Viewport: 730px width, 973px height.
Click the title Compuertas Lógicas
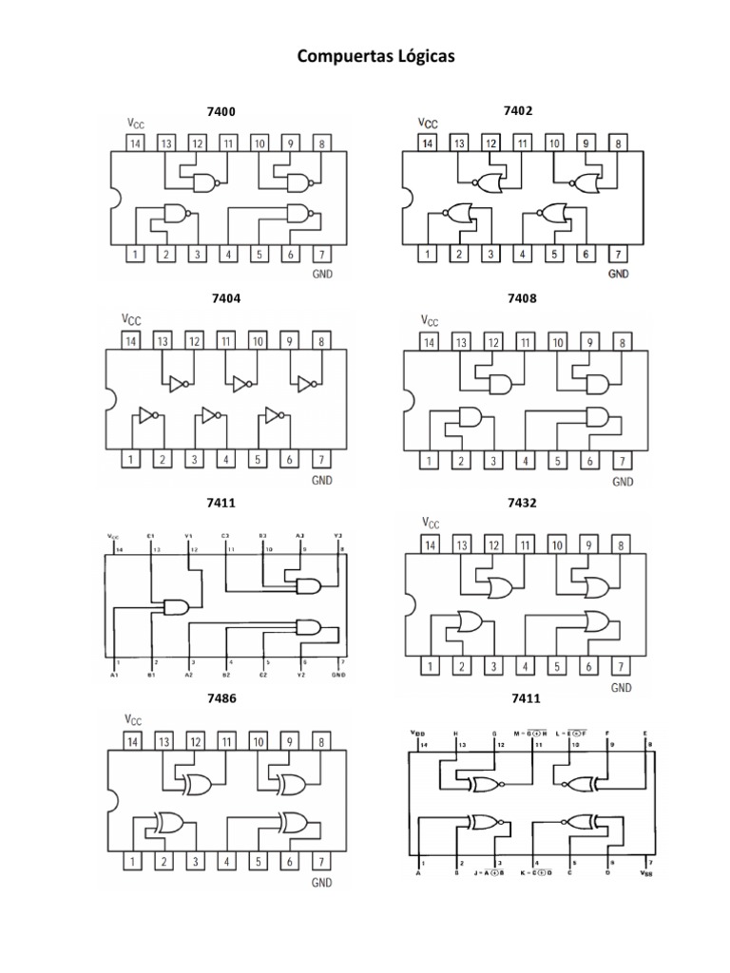pyautogui.click(x=375, y=57)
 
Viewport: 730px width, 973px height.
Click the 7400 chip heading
pyautogui.click(x=221, y=112)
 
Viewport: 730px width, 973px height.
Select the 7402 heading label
pyautogui.click(x=518, y=110)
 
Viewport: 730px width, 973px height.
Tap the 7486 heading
pyautogui.click(x=221, y=698)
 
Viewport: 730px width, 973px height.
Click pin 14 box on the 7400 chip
pyautogui.click(x=135, y=144)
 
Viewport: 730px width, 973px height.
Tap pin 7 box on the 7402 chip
pyautogui.click(x=619, y=254)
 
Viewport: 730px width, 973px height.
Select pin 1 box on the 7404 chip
pyautogui.click(x=132, y=460)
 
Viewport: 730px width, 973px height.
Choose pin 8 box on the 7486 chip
pyautogui.click(x=322, y=741)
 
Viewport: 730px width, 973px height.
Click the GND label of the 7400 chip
pyautogui.click(x=322, y=274)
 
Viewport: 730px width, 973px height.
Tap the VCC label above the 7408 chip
pyautogui.click(x=430, y=321)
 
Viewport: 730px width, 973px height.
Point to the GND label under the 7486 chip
pyautogui.click(x=322, y=883)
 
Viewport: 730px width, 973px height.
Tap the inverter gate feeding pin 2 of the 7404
pyautogui.click(x=146, y=416)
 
